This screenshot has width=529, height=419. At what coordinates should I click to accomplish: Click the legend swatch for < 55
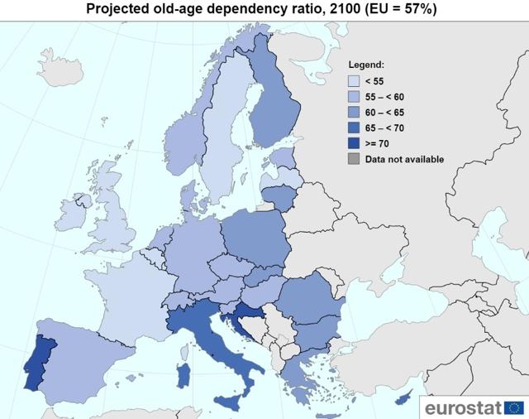[x=354, y=81]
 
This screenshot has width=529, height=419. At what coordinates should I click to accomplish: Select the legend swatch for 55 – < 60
[x=354, y=97]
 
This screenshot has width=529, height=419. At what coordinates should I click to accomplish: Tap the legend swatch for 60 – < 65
[x=354, y=112]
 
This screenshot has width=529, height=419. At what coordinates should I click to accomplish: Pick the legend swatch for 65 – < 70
[x=354, y=128]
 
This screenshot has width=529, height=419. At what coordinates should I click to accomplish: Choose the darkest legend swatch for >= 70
[x=354, y=143]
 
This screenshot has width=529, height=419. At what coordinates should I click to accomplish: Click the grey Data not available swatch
[x=354, y=159]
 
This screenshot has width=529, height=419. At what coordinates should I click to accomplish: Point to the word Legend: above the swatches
[x=366, y=65]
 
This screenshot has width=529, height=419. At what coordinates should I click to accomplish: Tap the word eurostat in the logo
[x=463, y=408]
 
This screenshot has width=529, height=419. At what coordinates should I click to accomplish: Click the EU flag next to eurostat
[x=514, y=408]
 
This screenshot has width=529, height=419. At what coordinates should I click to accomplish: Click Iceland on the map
[x=60, y=69]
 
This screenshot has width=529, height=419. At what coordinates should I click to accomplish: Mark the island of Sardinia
[x=183, y=375]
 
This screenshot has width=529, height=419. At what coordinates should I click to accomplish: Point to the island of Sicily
[x=230, y=402]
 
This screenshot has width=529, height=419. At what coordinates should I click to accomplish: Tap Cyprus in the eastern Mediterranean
[x=403, y=398]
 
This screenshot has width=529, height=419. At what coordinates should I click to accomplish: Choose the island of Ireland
[x=72, y=212]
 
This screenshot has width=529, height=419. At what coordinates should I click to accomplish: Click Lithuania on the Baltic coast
[x=279, y=198]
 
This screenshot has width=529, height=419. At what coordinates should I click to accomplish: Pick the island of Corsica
[x=184, y=352]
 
